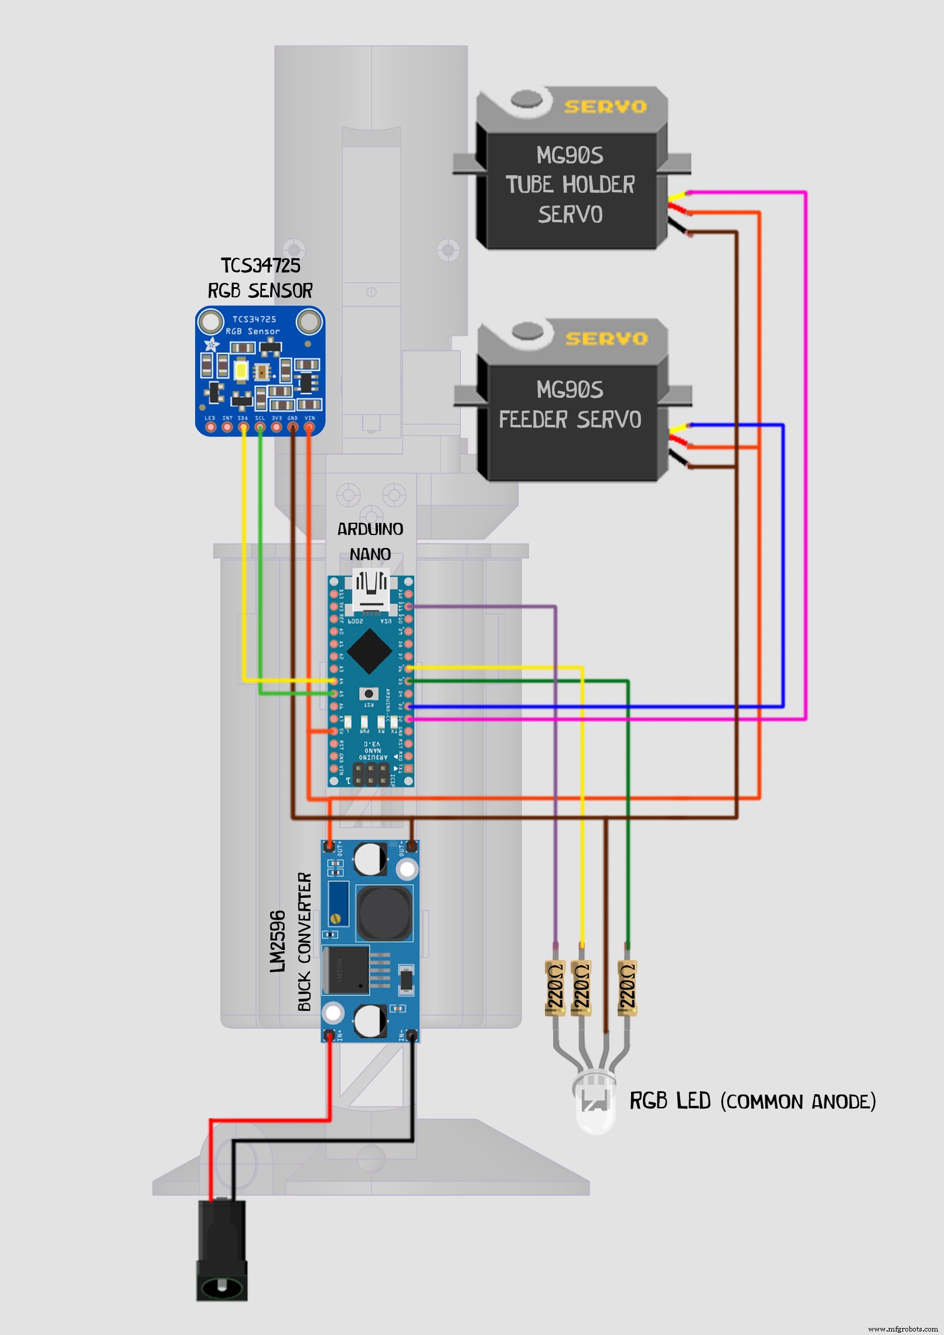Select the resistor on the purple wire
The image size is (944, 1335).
554,987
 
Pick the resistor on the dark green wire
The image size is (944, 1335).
627,987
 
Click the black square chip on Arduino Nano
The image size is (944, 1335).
369,651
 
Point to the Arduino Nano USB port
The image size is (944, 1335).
370,589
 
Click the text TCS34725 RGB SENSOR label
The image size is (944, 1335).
260,278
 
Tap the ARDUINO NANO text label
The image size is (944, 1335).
370,542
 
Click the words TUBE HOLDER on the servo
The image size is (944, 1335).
570,185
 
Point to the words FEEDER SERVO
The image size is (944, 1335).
570,420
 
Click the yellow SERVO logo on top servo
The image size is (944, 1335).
605,107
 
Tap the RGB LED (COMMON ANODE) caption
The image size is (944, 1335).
752,1101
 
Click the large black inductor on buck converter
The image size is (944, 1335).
384,912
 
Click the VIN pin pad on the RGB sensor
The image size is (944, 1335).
309,427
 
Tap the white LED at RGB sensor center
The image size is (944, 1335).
241,370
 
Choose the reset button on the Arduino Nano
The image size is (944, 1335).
369,694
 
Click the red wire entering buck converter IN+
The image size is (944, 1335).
330,1078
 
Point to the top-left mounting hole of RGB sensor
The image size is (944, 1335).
209,321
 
